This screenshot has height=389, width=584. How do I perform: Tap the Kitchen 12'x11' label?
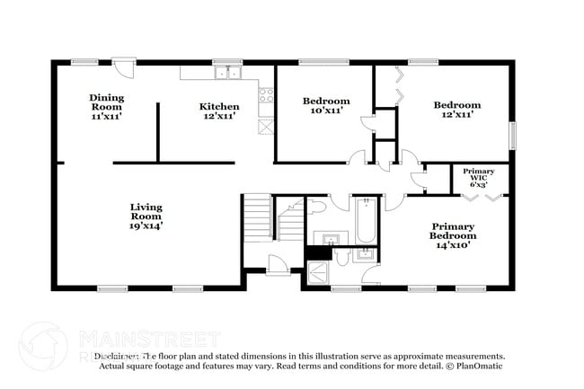tap(218, 111)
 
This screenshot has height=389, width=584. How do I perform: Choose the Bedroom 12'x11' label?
tap(456, 110)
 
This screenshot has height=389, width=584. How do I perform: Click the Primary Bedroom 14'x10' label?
tap(453, 235)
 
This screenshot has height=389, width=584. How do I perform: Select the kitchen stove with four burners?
tap(265, 93)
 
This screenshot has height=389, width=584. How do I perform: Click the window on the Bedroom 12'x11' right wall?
tap(513, 137)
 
